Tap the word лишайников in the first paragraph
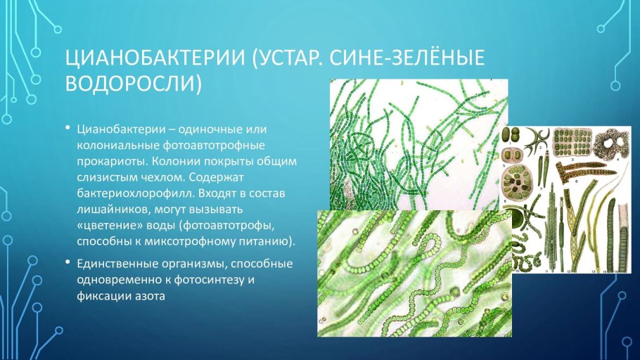(x=109, y=209)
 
